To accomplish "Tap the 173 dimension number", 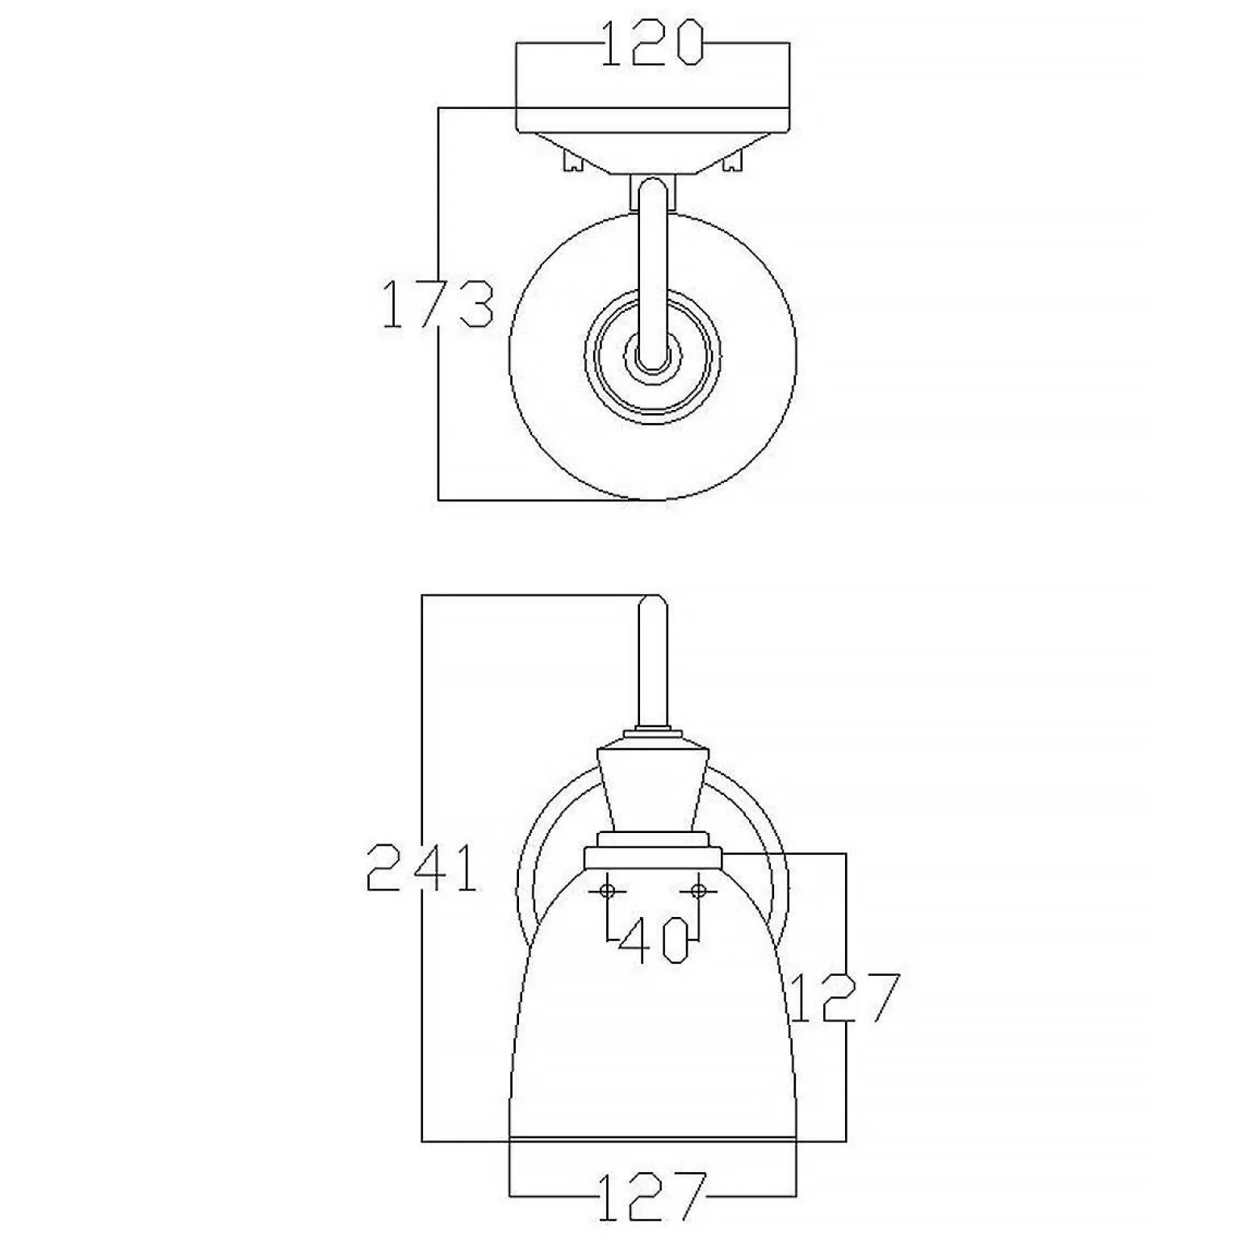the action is click(437, 303).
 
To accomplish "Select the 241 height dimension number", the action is click(421, 868).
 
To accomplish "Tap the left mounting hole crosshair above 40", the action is click(608, 890).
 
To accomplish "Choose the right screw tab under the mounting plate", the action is click(733, 161).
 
